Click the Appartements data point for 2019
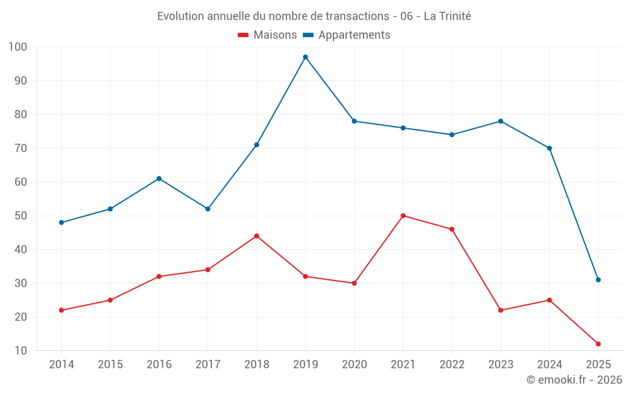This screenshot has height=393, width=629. tap(305, 57)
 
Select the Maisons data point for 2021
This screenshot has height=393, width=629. tap(403, 216)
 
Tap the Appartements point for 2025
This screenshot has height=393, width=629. tap(598, 280)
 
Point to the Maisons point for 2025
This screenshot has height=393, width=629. tap(598, 344)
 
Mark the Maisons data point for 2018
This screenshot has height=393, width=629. tap(257, 236)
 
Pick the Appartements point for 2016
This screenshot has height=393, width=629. tap(159, 179)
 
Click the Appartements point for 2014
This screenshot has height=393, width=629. tap(61, 223)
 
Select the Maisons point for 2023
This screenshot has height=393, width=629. tap(501, 310)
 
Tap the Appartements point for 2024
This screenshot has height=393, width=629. tap(549, 148)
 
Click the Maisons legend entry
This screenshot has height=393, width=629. tap(267, 35)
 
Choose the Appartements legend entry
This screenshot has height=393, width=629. tap(347, 35)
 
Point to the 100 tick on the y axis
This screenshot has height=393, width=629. tap(18, 47)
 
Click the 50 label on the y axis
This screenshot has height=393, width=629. tap(21, 216)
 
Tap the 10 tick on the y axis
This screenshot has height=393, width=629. tap(21, 351)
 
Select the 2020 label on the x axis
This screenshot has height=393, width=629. tap(354, 365)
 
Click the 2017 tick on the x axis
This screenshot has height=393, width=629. tap(208, 365)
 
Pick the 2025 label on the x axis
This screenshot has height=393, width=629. tap(598, 365)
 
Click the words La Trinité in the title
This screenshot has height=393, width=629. tap(447, 16)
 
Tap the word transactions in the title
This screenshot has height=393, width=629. tap(358, 16)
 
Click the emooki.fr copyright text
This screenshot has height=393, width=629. tap(574, 380)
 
